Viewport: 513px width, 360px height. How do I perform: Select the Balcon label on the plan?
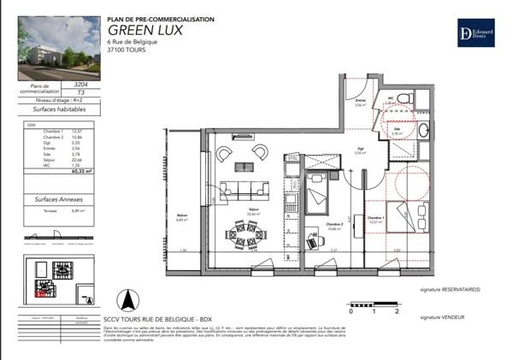coord(181,215)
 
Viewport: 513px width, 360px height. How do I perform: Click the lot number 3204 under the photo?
coord(81,85)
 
